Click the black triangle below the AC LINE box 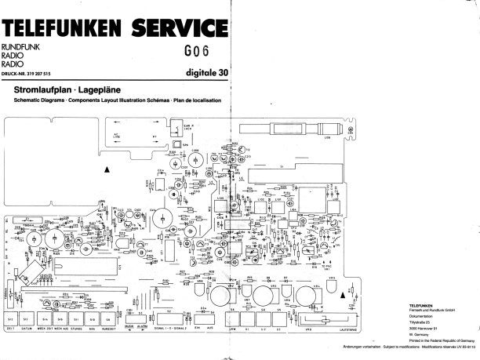click(108, 169)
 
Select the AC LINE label click(118, 135)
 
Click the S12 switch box click(11, 320)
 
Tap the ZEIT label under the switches click(10, 330)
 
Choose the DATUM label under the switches click(27, 330)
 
